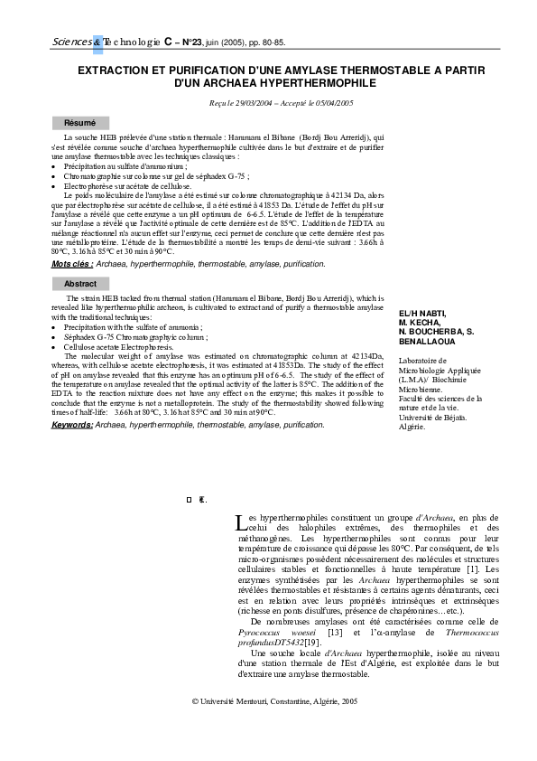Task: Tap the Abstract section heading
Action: tap(80, 284)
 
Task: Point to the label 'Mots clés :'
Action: tap(72, 263)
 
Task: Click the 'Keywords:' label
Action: tap(72, 424)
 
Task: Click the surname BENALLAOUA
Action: tap(430, 345)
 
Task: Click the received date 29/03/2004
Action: tap(249, 103)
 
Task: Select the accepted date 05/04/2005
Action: tap(329, 103)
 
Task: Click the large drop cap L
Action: tap(238, 522)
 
